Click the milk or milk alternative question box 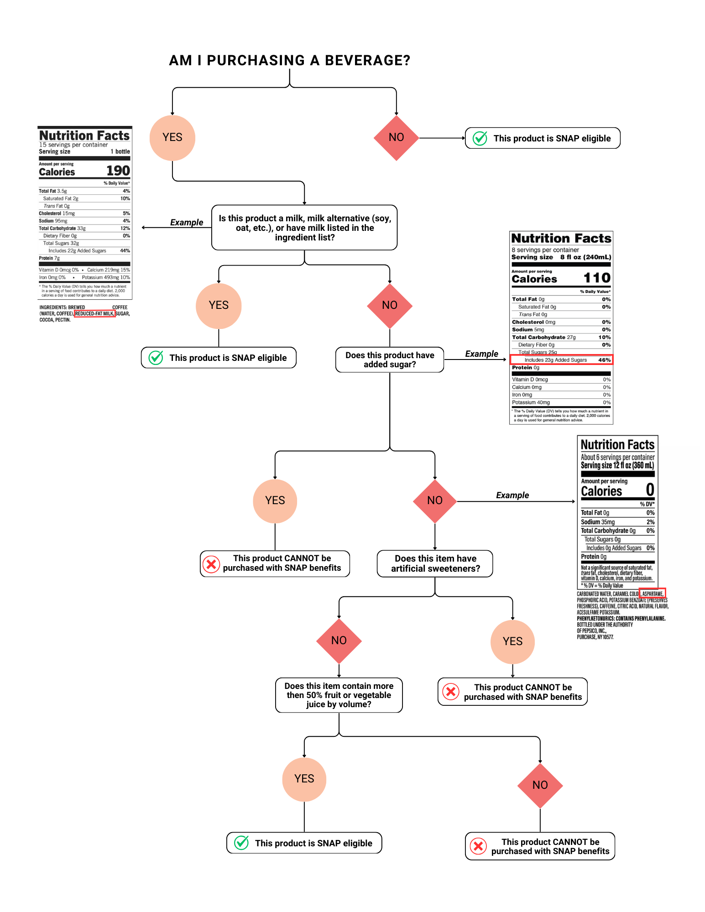click(304, 228)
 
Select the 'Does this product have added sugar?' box click(390, 360)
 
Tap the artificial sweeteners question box click(435, 564)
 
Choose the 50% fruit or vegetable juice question click(339, 695)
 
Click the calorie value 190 click(118, 171)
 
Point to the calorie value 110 click(596, 278)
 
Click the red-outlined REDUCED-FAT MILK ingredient click(94, 314)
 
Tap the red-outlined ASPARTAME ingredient click(653, 594)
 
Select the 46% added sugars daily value click(604, 360)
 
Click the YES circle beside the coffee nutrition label click(172, 138)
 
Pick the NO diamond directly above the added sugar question click(390, 306)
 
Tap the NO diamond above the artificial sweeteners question click(434, 501)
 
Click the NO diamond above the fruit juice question click(339, 641)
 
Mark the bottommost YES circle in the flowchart click(304, 779)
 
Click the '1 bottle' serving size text click(120, 151)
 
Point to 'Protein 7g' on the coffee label click(49, 258)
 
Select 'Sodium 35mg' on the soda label click(598, 522)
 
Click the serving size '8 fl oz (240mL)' click(585, 257)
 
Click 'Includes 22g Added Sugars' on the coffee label click(77, 251)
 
